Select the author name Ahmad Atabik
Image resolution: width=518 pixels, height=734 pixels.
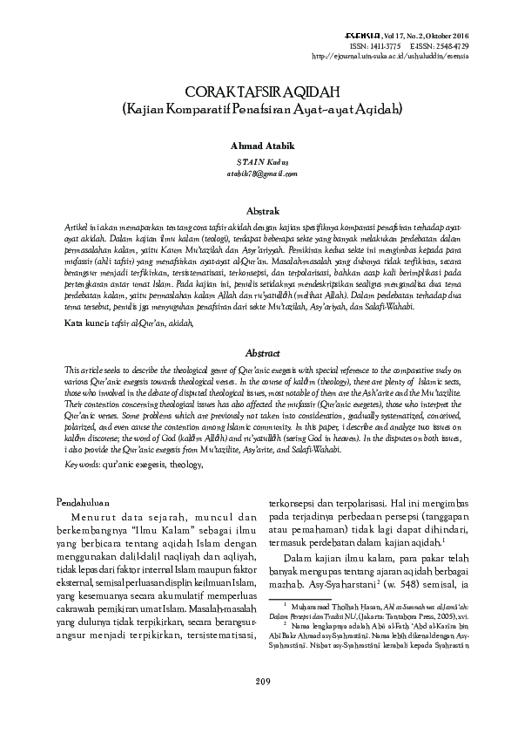point(259,146)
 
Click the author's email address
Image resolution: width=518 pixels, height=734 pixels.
point(259,174)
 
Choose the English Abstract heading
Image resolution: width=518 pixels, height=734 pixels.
point(262,354)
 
